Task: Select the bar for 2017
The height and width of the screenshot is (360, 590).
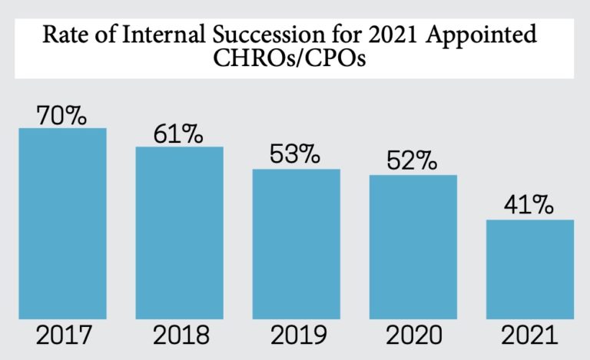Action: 62,223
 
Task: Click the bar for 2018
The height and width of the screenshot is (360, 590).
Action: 180,233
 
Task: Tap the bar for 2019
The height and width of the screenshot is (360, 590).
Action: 297,244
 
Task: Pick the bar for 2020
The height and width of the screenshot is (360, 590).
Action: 413,247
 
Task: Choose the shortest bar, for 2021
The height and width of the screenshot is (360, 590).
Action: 530,269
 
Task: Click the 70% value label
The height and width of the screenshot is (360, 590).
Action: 62,116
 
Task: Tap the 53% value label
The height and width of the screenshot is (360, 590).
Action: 295,155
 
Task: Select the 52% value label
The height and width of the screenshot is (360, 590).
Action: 412,162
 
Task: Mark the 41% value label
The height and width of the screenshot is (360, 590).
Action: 529,206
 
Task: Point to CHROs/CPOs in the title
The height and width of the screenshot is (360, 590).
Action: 295,59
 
